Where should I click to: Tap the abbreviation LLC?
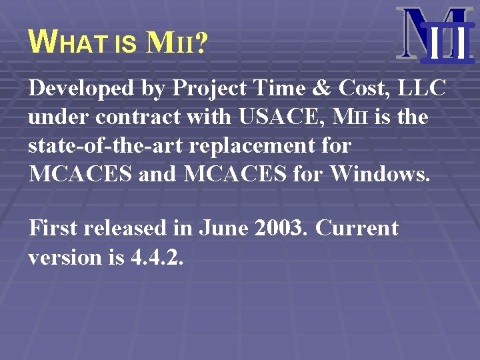click(424, 88)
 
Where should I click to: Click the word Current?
click(357, 228)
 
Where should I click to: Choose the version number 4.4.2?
click(154, 257)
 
